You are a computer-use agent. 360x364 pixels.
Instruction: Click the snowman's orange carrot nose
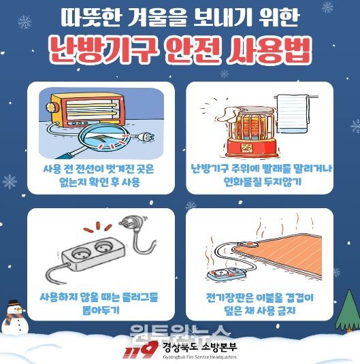(18, 309)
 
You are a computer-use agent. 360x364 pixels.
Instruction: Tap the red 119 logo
(141, 350)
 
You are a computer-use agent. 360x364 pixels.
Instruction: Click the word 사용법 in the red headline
(269, 51)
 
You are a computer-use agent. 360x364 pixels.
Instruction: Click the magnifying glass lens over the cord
(103, 137)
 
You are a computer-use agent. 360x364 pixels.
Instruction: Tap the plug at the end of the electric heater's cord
(145, 137)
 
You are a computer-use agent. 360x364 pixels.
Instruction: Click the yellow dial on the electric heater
(50, 107)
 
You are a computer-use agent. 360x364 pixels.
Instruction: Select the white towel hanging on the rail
(293, 114)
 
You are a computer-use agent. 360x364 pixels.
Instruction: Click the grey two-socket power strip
(93, 254)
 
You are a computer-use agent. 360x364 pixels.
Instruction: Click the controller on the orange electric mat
(248, 245)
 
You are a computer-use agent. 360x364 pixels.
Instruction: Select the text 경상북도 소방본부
(200, 347)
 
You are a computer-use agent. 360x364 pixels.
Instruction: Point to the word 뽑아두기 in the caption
(101, 310)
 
